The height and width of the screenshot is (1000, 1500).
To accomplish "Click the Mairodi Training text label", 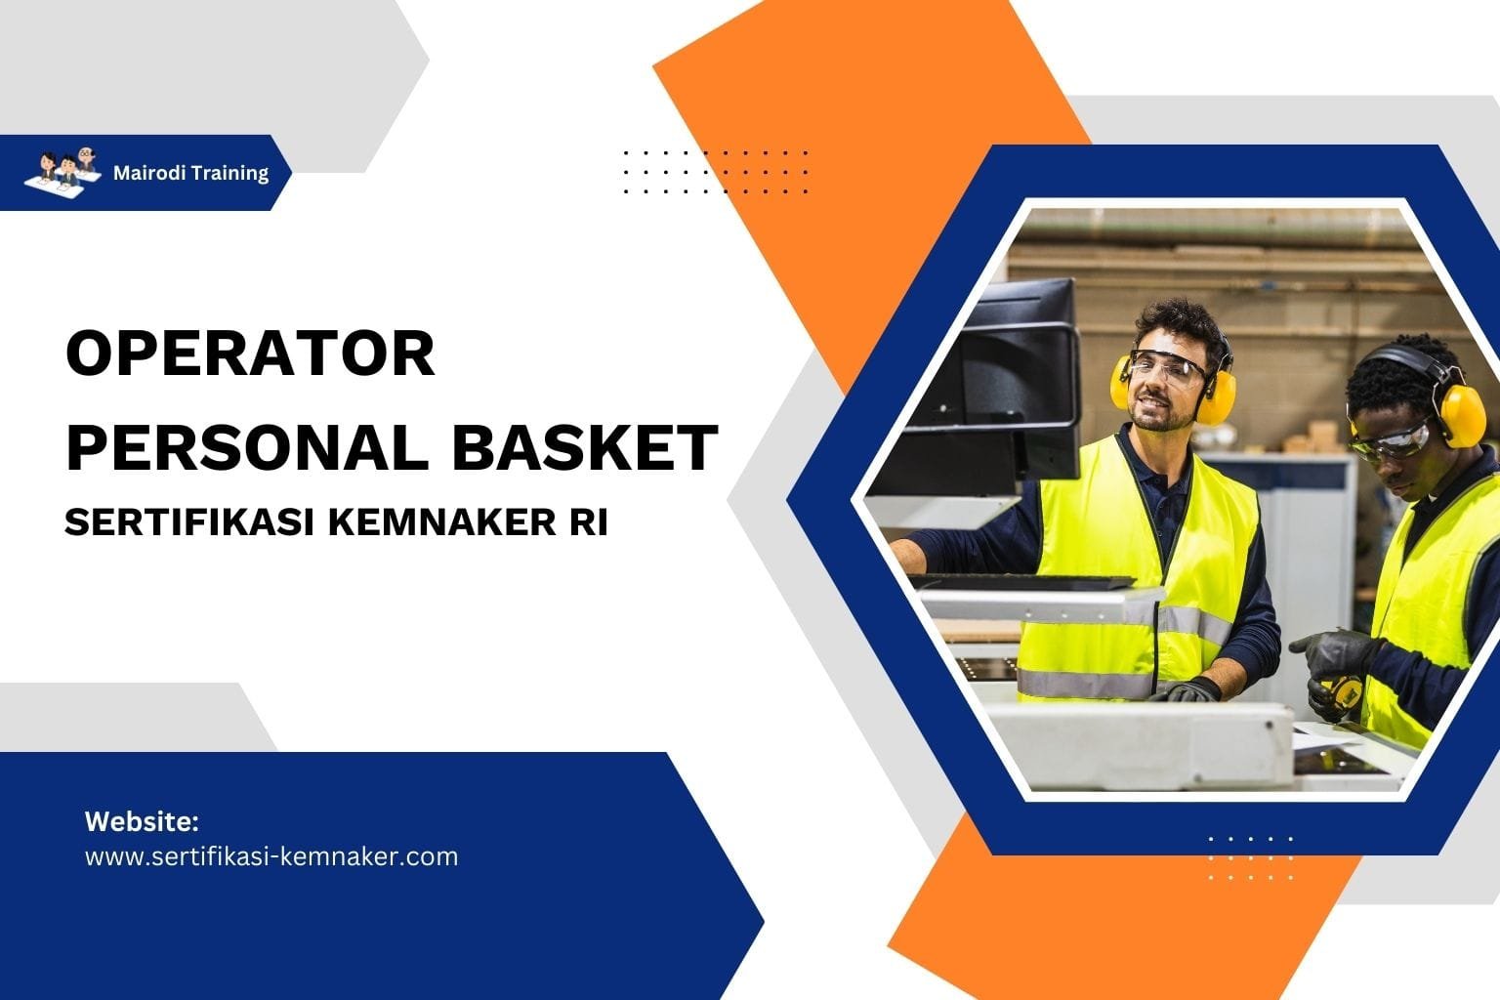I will tap(190, 173).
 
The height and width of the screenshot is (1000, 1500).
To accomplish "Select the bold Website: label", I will tap(142, 820).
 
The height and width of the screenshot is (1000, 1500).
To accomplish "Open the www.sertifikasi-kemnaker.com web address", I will tap(271, 856).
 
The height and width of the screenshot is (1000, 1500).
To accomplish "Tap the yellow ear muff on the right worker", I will tap(1461, 411).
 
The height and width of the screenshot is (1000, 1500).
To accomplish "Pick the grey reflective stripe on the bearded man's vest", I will tap(1084, 683).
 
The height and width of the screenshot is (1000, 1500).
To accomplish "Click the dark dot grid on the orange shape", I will tap(715, 172).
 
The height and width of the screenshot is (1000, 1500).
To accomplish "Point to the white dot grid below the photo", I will tap(1250, 857).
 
